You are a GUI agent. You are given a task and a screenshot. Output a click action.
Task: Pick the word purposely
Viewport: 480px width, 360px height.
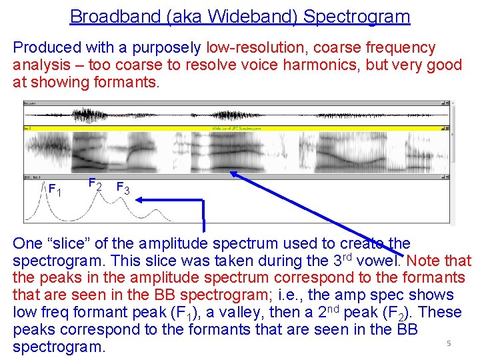tap(169, 48)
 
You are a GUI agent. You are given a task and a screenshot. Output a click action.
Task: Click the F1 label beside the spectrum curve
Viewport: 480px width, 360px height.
tap(55, 190)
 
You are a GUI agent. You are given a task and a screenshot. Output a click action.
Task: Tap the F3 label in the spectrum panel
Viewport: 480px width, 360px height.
tap(123, 189)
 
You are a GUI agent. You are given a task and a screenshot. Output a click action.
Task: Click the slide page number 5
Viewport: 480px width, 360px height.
tap(449, 343)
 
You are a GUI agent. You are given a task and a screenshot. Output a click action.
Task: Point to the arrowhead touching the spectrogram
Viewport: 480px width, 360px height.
tap(234, 174)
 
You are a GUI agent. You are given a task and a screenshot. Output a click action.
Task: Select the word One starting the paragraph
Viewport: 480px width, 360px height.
tap(27, 244)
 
